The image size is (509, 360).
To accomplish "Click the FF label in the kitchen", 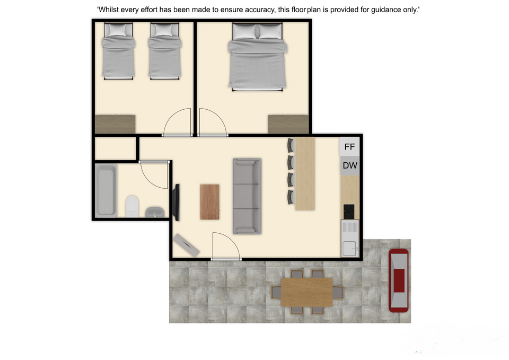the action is pyautogui.click(x=349, y=147).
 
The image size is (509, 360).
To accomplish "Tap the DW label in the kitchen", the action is pyautogui.click(x=350, y=165).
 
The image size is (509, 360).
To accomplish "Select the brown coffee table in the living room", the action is pyautogui.click(x=210, y=202).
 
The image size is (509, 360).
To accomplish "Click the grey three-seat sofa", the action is pyautogui.click(x=247, y=196).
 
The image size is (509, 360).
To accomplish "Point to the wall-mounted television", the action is pyautogui.click(x=177, y=203).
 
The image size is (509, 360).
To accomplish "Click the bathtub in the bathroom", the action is pyautogui.click(x=106, y=190).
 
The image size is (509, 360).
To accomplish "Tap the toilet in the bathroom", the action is pyautogui.click(x=132, y=206).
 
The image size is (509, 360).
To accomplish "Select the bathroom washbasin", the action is pyautogui.click(x=154, y=212).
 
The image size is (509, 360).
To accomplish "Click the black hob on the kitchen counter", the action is pyautogui.click(x=349, y=212).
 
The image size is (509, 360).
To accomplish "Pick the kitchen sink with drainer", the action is pyautogui.click(x=349, y=239).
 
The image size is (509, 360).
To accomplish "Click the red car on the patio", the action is pyautogui.click(x=399, y=280).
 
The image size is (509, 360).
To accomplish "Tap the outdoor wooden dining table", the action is pyautogui.click(x=307, y=292).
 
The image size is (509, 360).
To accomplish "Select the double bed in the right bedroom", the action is pyautogui.click(x=258, y=57).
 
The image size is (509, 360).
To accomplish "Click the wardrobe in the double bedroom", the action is pyautogui.click(x=288, y=124).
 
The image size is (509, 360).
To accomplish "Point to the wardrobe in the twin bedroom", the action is pyautogui.click(x=115, y=124).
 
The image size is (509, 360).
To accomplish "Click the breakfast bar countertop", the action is pyautogui.click(x=305, y=173).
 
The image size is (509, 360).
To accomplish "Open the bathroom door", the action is pyautogui.click(x=154, y=174).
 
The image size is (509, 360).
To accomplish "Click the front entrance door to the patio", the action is pyautogui.click(x=226, y=246).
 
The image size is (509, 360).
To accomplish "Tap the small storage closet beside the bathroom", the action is pyautogui.click(x=115, y=148).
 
